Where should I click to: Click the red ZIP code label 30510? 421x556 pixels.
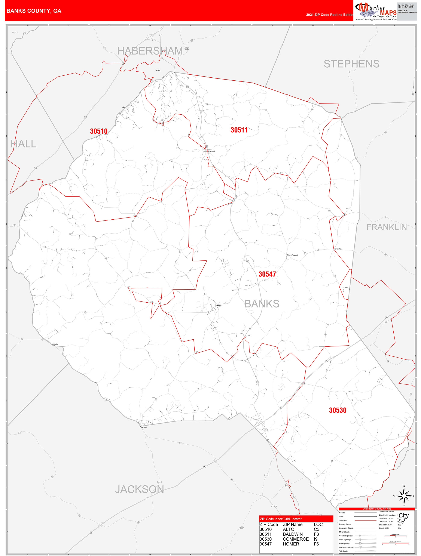[x=99, y=131]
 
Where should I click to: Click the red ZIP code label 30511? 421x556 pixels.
[x=239, y=130]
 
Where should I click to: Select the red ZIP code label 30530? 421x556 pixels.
[x=338, y=410]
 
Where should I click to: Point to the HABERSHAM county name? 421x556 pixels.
[x=150, y=51]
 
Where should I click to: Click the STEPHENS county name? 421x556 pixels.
[x=351, y=64]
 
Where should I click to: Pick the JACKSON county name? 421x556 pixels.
[x=139, y=489]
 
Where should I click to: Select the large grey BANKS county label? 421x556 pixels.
[x=262, y=304]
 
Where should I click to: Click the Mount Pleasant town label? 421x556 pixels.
[x=292, y=255]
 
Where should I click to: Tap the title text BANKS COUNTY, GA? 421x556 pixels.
[x=34, y=11]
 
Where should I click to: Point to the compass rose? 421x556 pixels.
[x=404, y=496]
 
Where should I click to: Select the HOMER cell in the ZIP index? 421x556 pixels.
[x=291, y=544]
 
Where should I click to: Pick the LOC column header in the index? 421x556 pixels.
[x=318, y=525]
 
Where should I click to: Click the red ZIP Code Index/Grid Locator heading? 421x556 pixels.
[x=281, y=519]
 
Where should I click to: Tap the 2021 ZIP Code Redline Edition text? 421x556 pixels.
[x=330, y=15]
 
